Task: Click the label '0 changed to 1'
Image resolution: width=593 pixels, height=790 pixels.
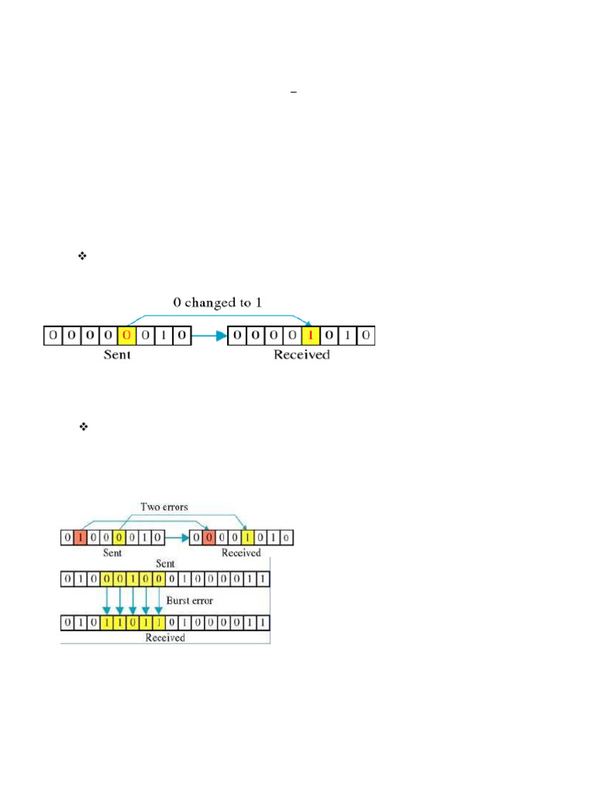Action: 217,302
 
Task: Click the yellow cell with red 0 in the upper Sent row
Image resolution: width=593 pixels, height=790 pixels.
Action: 127,336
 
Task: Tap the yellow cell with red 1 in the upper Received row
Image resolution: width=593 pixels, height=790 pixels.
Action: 310,336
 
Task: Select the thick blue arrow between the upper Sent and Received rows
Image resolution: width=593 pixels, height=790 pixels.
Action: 209,336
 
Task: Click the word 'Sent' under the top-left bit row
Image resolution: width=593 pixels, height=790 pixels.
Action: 117,355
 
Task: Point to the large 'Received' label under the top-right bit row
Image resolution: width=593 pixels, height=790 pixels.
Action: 302,355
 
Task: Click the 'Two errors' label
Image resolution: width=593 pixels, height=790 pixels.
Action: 164,507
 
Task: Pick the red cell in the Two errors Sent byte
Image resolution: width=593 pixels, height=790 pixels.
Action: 80,538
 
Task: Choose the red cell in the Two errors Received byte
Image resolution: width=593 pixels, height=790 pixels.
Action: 208,538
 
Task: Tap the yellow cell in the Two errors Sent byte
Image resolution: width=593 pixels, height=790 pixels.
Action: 119,538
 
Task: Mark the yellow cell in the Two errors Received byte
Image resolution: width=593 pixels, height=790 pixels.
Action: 248,538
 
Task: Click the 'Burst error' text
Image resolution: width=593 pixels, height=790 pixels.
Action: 190,600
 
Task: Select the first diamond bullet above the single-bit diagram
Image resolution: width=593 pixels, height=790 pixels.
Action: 82,256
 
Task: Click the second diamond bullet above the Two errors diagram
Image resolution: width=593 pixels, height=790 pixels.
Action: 83,427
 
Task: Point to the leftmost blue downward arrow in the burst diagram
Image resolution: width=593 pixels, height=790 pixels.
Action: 107,600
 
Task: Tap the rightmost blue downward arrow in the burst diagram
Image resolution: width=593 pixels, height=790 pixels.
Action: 158,600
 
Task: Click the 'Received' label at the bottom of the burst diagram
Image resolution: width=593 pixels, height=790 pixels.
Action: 165,638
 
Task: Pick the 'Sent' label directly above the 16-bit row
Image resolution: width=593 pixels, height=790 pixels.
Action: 165,564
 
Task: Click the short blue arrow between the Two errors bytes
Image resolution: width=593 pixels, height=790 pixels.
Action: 177,538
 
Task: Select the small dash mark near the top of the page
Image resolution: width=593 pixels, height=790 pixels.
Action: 293,93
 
